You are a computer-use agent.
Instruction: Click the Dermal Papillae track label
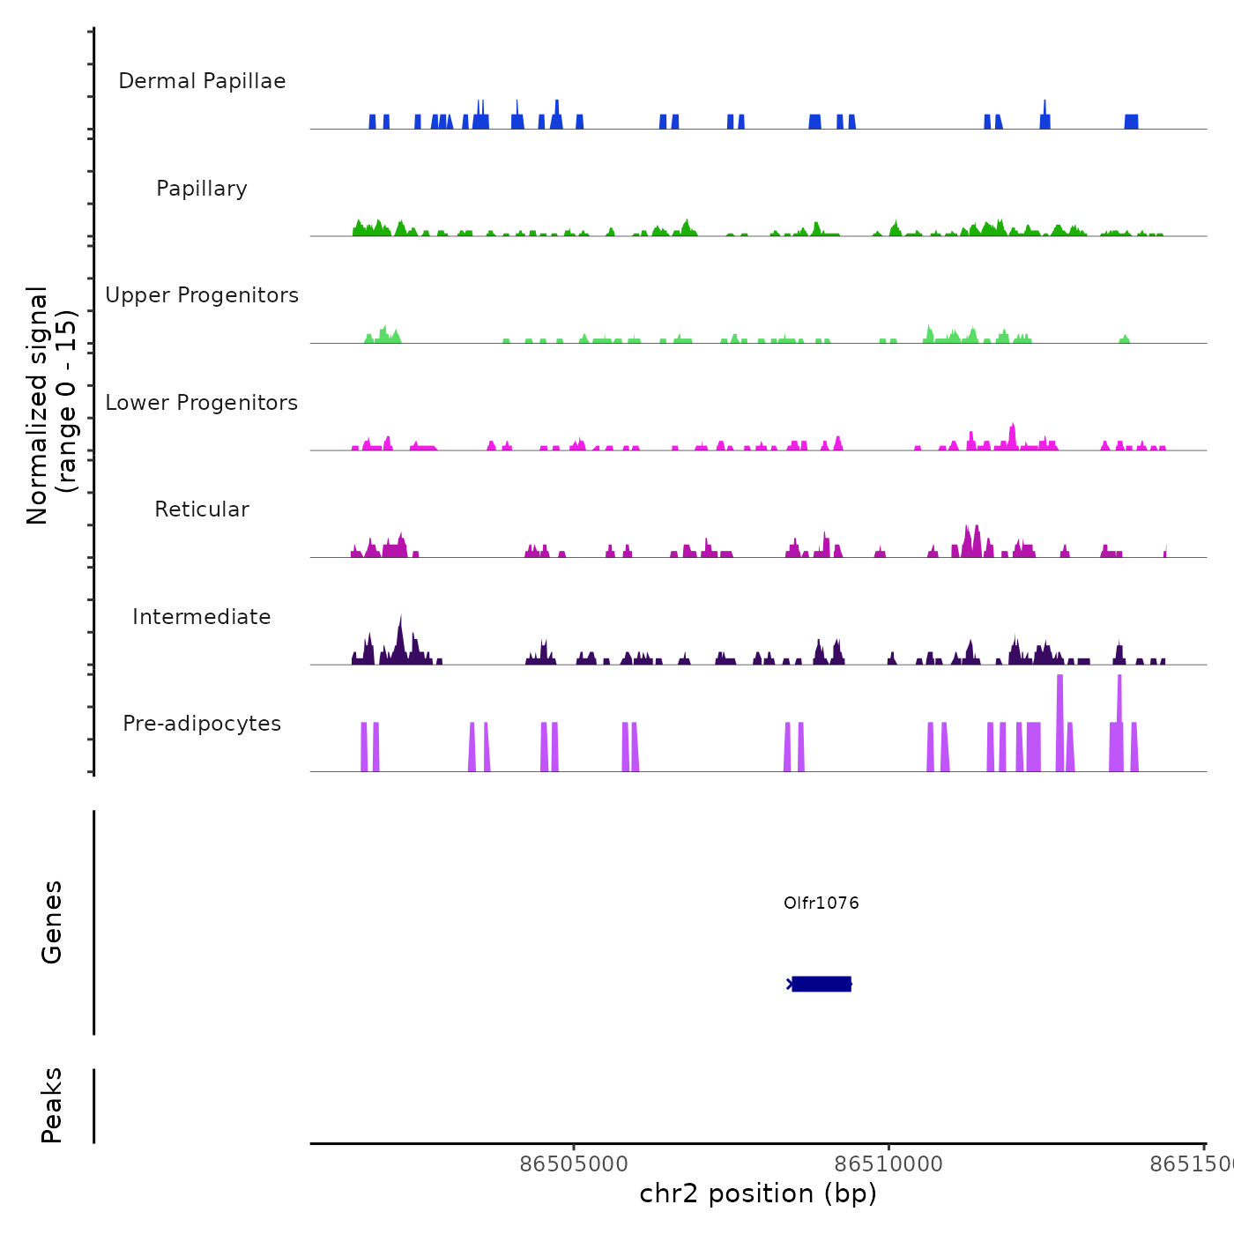click(x=202, y=81)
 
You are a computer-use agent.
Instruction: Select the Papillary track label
click(x=202, y=189)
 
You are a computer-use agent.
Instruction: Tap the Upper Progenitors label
click(x=202, y=295)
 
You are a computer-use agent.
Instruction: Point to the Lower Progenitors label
click(x=202, y=403)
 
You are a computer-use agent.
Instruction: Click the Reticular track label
click(x=202, y=509)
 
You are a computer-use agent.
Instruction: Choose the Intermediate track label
click(x=202, y=617)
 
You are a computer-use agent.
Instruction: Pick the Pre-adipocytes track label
click(x=202, y=724)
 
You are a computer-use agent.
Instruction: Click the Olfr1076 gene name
click(x=821, y=903)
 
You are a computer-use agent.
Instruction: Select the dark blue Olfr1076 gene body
click(x=821, y=984)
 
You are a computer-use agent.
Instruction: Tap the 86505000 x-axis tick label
click(x=574, y=1163)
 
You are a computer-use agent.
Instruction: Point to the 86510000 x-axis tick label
click(x=888, y=1163)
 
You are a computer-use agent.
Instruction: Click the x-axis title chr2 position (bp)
click(x=758, y=1193)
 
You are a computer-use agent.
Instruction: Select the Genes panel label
click(x=52, y=921)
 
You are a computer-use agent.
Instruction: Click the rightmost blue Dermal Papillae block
click(x=1131, y=122)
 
